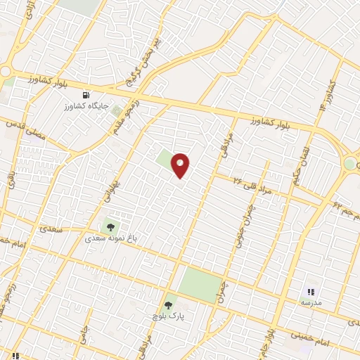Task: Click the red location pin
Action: point(181,165)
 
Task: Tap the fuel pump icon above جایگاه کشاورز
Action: point(86,95)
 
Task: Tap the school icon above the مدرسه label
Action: point(310,291)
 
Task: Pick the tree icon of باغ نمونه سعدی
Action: point(110,226)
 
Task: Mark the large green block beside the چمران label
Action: point(198,285)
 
